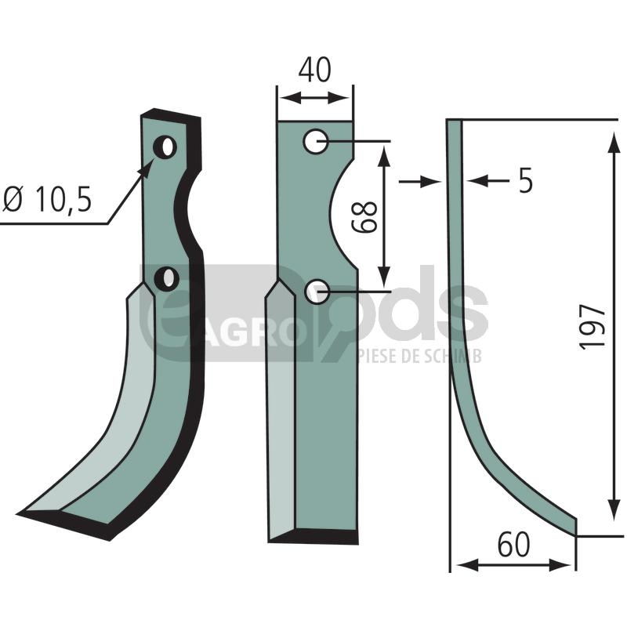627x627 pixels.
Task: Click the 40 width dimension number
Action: click(315, 70)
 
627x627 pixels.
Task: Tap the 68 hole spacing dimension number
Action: click(364, 217)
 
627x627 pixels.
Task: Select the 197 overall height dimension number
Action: click(593, 327)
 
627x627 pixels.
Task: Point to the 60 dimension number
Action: click(514, 545)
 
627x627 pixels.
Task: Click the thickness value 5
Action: click(525, 180)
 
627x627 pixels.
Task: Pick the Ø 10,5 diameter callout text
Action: click(47, 199)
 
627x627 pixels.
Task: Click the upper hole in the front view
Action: click(316, 141)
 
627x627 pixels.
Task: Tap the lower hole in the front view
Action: click(317, 292)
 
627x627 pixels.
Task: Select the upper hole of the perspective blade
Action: click(165, 147)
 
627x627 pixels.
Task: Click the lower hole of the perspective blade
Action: click(166, 279)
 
